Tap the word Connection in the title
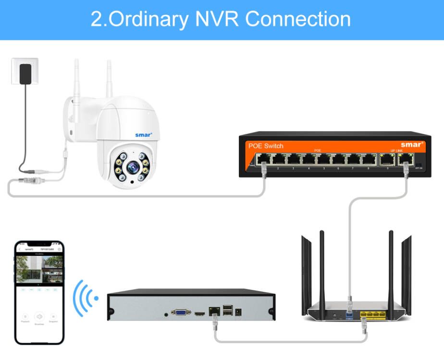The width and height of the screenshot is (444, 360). pyautogui.click(x=298, y=19)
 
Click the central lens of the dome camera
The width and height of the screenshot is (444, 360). pyautogui.click(x=132, y=168)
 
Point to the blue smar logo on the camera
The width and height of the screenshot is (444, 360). pyautogui.click(x=144, y=135)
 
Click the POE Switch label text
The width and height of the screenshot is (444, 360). pyautogui.click(x=266, y=145)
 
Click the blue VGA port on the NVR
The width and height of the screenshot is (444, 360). pyautogui.click(x=181, y=312)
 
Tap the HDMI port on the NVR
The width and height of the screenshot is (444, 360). pyautogui.click(x=198, y=313)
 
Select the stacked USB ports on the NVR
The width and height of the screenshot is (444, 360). pyautogui.click(x=226, y=311)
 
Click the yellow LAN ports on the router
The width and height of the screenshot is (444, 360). pyautogui.click(x=373, y=314)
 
